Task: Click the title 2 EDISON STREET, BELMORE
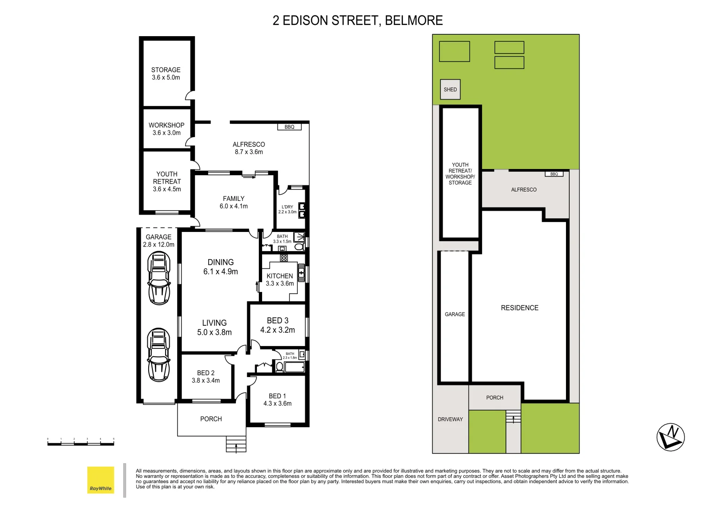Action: tap(358, 21)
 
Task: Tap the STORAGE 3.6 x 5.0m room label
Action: tap(166, 74)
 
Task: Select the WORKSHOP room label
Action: tap(166, 129)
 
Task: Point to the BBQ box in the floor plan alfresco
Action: tap(289, 127)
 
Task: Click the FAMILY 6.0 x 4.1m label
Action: tap(234, 202)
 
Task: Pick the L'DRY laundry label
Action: tap(287, 209)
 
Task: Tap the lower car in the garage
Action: tap(158, 354)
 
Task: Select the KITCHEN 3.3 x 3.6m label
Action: tap(280, 279)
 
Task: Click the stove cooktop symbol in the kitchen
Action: tap(284, 258)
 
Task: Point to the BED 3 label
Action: tap(278, 325)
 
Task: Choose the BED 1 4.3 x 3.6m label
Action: tap(277, 399)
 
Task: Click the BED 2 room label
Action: tap(205, 376)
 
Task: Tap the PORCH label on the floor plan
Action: tap(211, 419)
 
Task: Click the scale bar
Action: tap(81, 442)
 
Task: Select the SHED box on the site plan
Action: tap(450, 89)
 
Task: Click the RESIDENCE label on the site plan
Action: tap(520, 308)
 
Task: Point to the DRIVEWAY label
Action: tap(450, 419)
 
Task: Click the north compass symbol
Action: tap(671, 437)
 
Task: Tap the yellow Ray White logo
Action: tap(101, 480)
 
